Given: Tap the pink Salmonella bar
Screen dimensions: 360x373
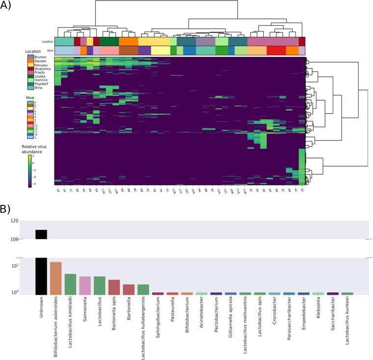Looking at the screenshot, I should point(85,285).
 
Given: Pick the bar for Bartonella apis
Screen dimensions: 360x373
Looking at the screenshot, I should point(114,287).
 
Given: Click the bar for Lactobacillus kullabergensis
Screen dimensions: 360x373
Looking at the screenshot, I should point(143,289).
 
